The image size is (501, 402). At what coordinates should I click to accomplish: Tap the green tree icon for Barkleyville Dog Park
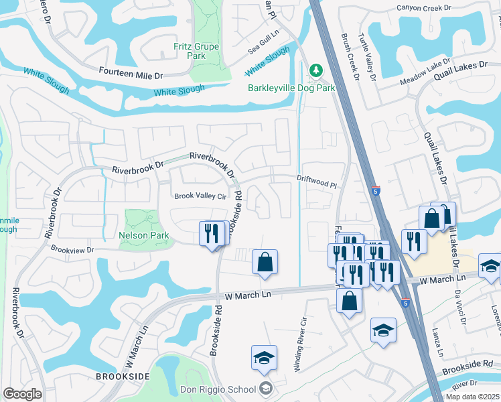315,70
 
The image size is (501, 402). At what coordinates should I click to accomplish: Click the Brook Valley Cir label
202,196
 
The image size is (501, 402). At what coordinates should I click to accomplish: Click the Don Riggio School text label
218,389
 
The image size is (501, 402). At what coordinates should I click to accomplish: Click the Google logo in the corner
23,394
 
